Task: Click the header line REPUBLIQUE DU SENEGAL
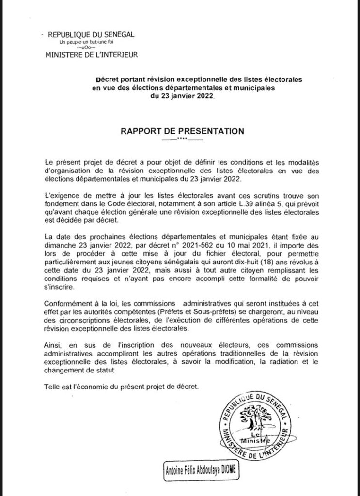pyautogui.click(x=89, y=35)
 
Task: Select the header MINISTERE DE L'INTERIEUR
pyautogui.click(x=91, y=55)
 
